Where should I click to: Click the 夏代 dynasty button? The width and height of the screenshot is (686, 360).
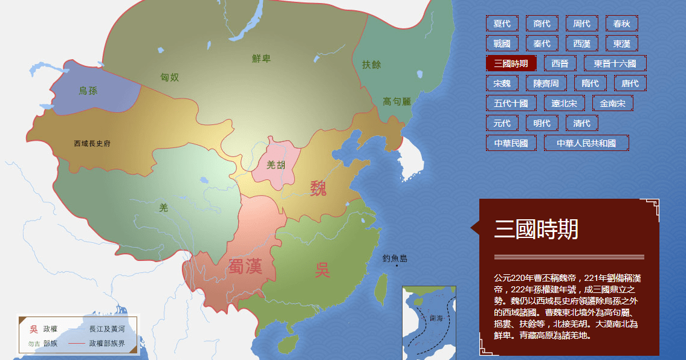click(x=502, y=24)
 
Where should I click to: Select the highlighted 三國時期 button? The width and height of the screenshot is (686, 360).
click(x=511, y=63)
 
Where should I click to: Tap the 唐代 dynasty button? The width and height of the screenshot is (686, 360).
click(x=630, y=83)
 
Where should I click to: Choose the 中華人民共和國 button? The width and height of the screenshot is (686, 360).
click(x=586, y=143)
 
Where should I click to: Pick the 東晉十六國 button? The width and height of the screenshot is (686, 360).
click(x=615, y=63)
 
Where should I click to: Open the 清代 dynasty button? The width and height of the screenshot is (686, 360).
click(x=582, y=123)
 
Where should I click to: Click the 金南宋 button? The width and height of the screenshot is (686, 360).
click(x=612, y=103)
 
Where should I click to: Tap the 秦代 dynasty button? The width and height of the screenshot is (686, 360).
click(x=542, y=43)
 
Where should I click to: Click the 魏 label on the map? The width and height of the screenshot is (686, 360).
click(x=319, y=188)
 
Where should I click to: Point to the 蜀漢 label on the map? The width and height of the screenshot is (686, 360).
click(x=245, y=266)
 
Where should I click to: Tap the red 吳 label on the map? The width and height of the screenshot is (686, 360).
click(x=322, y=269)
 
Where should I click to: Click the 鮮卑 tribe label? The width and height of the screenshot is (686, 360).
click(x=262, y=59)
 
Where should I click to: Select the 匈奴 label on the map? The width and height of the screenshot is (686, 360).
click(x=170, y=77)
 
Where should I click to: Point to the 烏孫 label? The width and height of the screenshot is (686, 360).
click(x=88, y=91)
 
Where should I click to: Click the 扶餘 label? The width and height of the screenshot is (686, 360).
click(x=372, y=65)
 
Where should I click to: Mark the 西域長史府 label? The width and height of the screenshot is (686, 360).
click(x=92, y=143)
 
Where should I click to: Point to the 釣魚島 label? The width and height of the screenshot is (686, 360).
click(x=395, y=259)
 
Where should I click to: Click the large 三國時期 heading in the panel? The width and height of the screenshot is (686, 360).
click(x=536, y=230)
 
